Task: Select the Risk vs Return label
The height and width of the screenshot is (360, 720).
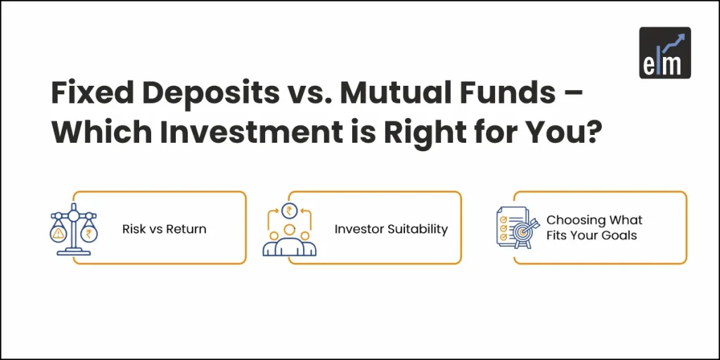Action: coord(164,229)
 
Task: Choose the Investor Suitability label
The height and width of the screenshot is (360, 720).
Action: coord(390,229)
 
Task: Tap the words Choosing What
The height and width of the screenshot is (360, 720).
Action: coord(594,220)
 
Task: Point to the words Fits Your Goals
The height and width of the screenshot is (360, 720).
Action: coord(591,236)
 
